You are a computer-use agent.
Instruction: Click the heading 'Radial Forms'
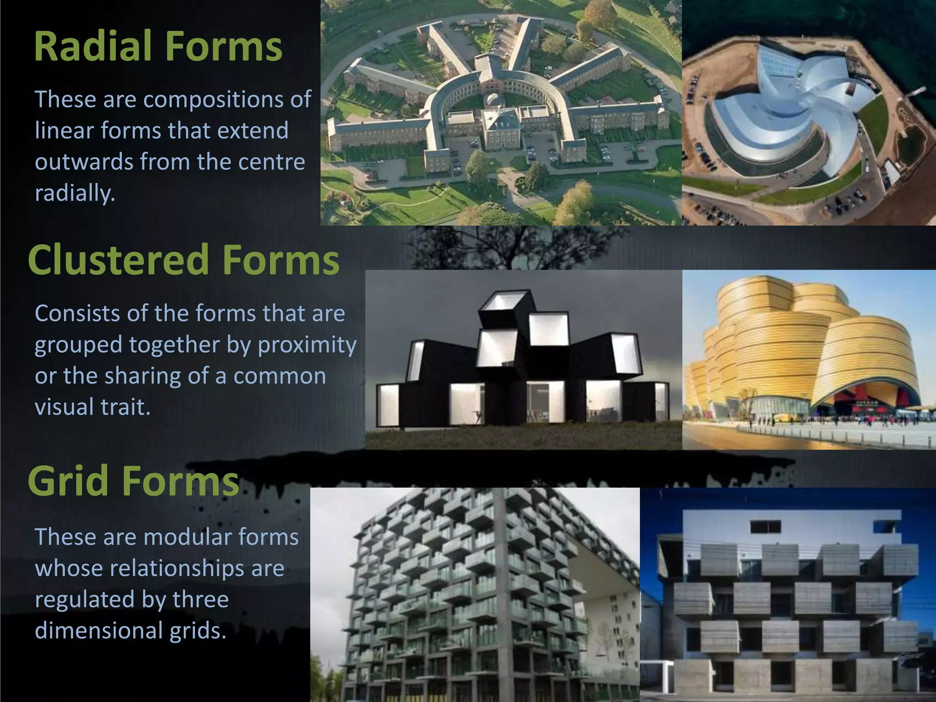pyautogui.click(x=158, y=46)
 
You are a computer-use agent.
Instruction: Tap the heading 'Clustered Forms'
pyautogui.click(x=184, y=260)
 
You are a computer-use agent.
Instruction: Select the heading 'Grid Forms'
pyautogui.click(x=133, y=480)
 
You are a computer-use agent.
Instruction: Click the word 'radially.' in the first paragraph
pyautogui.click(x=75, y=193)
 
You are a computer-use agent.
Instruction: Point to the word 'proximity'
pyautogui.click(x=307, y=345)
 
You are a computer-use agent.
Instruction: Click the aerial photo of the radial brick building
pyautogui.click(x=501, y=112)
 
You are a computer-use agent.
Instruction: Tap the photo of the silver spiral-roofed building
pyautogui.click(x=809, y=112)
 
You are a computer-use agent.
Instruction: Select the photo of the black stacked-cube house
pyautogui.click(x=523, y=360)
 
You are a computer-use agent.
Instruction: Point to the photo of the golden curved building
pyautogui.click(x=809, y=360)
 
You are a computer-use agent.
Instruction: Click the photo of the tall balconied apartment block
pyautogui.click(x=474, y=594)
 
